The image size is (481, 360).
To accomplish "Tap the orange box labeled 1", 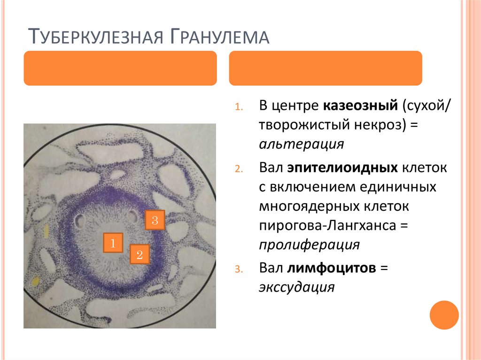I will (x=113, y=243).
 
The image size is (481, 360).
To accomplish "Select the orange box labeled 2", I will (x=139, y=255).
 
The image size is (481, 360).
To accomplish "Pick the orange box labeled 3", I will (x=155, y=219).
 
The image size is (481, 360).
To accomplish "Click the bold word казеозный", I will (x=360, y=106).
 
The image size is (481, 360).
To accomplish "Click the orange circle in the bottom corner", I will (x=444, y=315).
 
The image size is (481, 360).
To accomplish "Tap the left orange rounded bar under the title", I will (x=120, y=68).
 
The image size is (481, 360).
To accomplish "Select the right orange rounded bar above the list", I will (x=325, y=68).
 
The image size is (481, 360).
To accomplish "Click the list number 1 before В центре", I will (x=239, y=107).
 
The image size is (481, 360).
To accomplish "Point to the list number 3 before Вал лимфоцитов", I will (x=238, y=269).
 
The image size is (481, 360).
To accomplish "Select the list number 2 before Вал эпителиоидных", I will (x=238, y=169).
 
